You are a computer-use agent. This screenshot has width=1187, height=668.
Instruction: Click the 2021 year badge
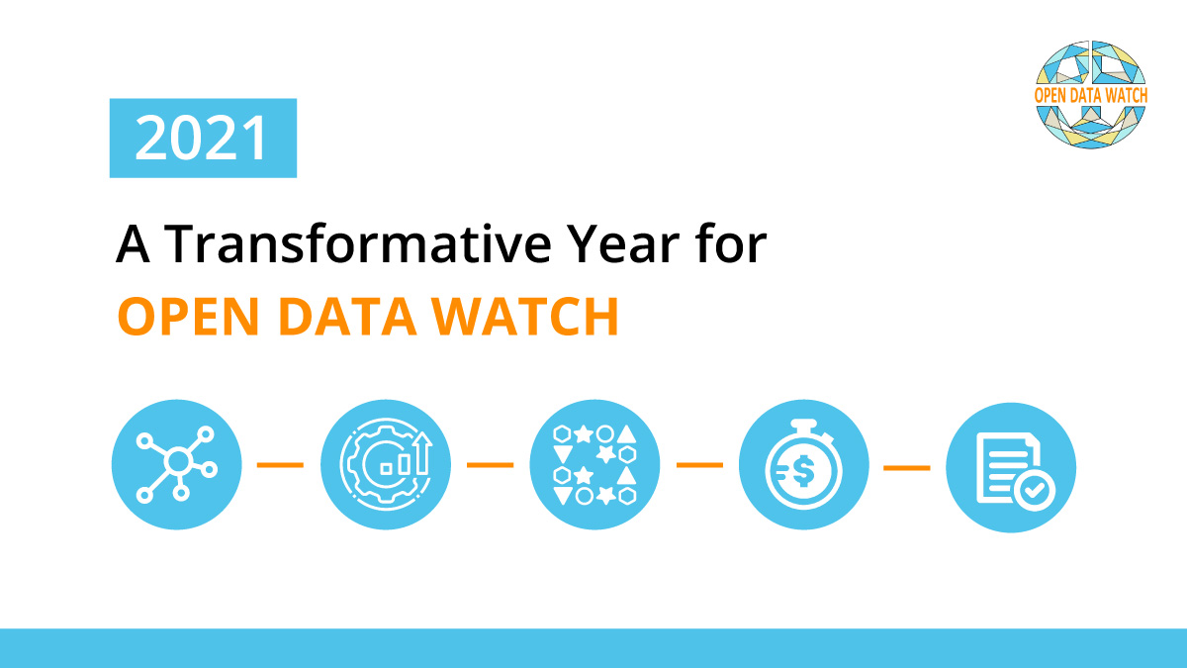tap(203, 139)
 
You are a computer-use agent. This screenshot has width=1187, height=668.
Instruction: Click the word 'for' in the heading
tap(733, 244)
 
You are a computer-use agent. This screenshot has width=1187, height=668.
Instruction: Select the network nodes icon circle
tap(176, 464)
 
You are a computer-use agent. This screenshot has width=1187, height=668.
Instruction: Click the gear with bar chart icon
tap(386, 464)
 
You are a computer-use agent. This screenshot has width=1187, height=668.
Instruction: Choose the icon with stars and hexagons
tap(594, 464)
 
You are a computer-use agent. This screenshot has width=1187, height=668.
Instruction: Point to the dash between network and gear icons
tap(280, 464)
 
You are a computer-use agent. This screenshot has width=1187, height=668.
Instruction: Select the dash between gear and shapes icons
tap(490, 464)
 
